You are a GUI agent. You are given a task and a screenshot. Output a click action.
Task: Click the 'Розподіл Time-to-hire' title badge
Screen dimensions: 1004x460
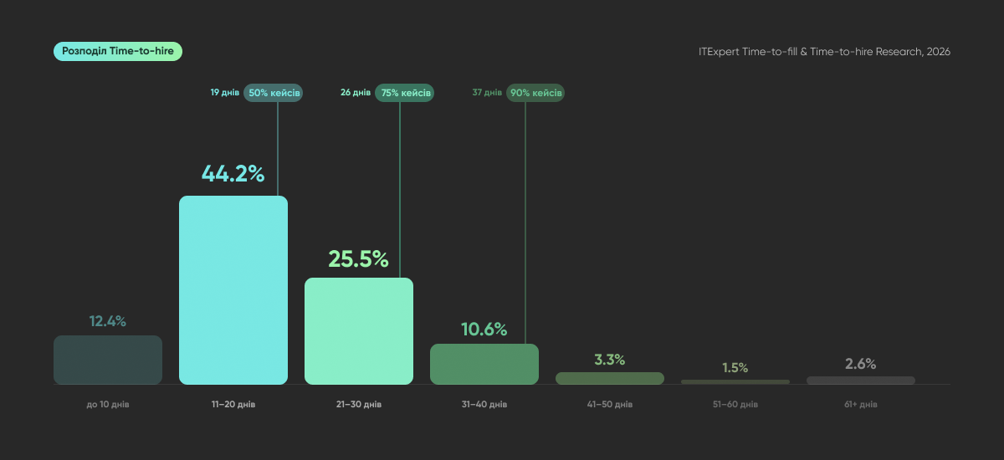pos(118,52)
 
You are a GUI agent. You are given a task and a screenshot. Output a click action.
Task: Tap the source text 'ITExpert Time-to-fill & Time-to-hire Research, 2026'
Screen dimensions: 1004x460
pos(824,52)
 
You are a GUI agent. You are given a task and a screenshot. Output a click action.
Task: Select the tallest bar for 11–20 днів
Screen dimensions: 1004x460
pos(233,289)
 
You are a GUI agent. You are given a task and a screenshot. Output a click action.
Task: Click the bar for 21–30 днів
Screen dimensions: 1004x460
pos(359,331)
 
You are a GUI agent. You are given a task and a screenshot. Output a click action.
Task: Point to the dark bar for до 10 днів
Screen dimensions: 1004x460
pos(108,360)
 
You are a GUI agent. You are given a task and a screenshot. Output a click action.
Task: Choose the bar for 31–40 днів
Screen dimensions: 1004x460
pos(484,364)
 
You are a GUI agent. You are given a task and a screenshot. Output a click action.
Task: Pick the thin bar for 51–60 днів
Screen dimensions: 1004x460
pos(735,381)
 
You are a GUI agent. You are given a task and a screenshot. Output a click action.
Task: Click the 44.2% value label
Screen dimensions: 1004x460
pos(233,173)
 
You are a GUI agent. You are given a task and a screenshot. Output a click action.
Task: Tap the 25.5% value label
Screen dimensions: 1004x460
pos(359,258)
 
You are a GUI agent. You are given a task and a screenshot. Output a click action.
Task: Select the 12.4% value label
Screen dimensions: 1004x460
pos(108,321)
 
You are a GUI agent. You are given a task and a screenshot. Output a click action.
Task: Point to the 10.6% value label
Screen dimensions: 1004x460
pos(484,330)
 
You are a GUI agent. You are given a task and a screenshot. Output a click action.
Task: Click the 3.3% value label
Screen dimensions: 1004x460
pos(610,360)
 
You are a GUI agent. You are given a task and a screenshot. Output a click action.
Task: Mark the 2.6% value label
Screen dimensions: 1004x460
pos(861,364)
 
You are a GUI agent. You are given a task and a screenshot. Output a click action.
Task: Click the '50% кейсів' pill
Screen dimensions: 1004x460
pos(273,93)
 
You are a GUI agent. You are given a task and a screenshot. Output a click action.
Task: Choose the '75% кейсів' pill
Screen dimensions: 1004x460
pos(404,93)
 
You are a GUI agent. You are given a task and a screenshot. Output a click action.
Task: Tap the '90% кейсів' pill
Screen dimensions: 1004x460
pos(535,93)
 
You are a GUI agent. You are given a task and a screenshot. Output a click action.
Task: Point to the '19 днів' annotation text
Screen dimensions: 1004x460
pos(225,92)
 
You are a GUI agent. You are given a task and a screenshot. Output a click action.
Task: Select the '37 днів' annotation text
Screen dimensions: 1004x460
pos(487,92)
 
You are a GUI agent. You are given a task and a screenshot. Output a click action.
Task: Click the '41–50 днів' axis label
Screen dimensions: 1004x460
pos(610,405)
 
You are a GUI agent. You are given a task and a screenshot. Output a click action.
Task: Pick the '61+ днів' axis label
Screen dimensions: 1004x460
pos(861,405)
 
